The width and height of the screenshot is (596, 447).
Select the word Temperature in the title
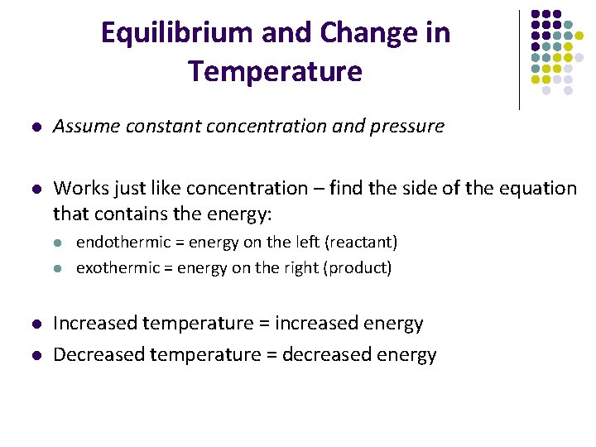pos(275,71)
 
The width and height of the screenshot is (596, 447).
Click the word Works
pos(77,189)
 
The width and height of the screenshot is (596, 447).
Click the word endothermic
pos(128,243)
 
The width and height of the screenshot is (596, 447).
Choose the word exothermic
pos(123,268)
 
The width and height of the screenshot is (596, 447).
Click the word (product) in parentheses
pos(358,268)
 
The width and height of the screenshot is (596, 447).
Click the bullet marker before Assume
pos(35,127)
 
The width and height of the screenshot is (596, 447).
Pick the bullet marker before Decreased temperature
pos(35,356)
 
